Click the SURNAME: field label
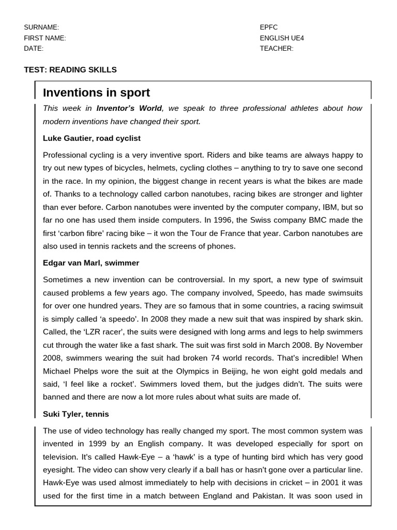point(41,27)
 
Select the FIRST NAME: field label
point(45,38)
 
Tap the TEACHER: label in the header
point(277,49)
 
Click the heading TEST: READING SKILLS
point(70,70)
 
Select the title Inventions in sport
point(96,93)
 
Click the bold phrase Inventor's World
point(129,109)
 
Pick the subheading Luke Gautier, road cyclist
point(91,139)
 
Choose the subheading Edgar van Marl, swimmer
point(91,263)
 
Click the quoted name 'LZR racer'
point(98,332)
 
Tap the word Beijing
point(238,372)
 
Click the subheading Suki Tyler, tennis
point(75,414)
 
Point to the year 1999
point(99,444)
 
